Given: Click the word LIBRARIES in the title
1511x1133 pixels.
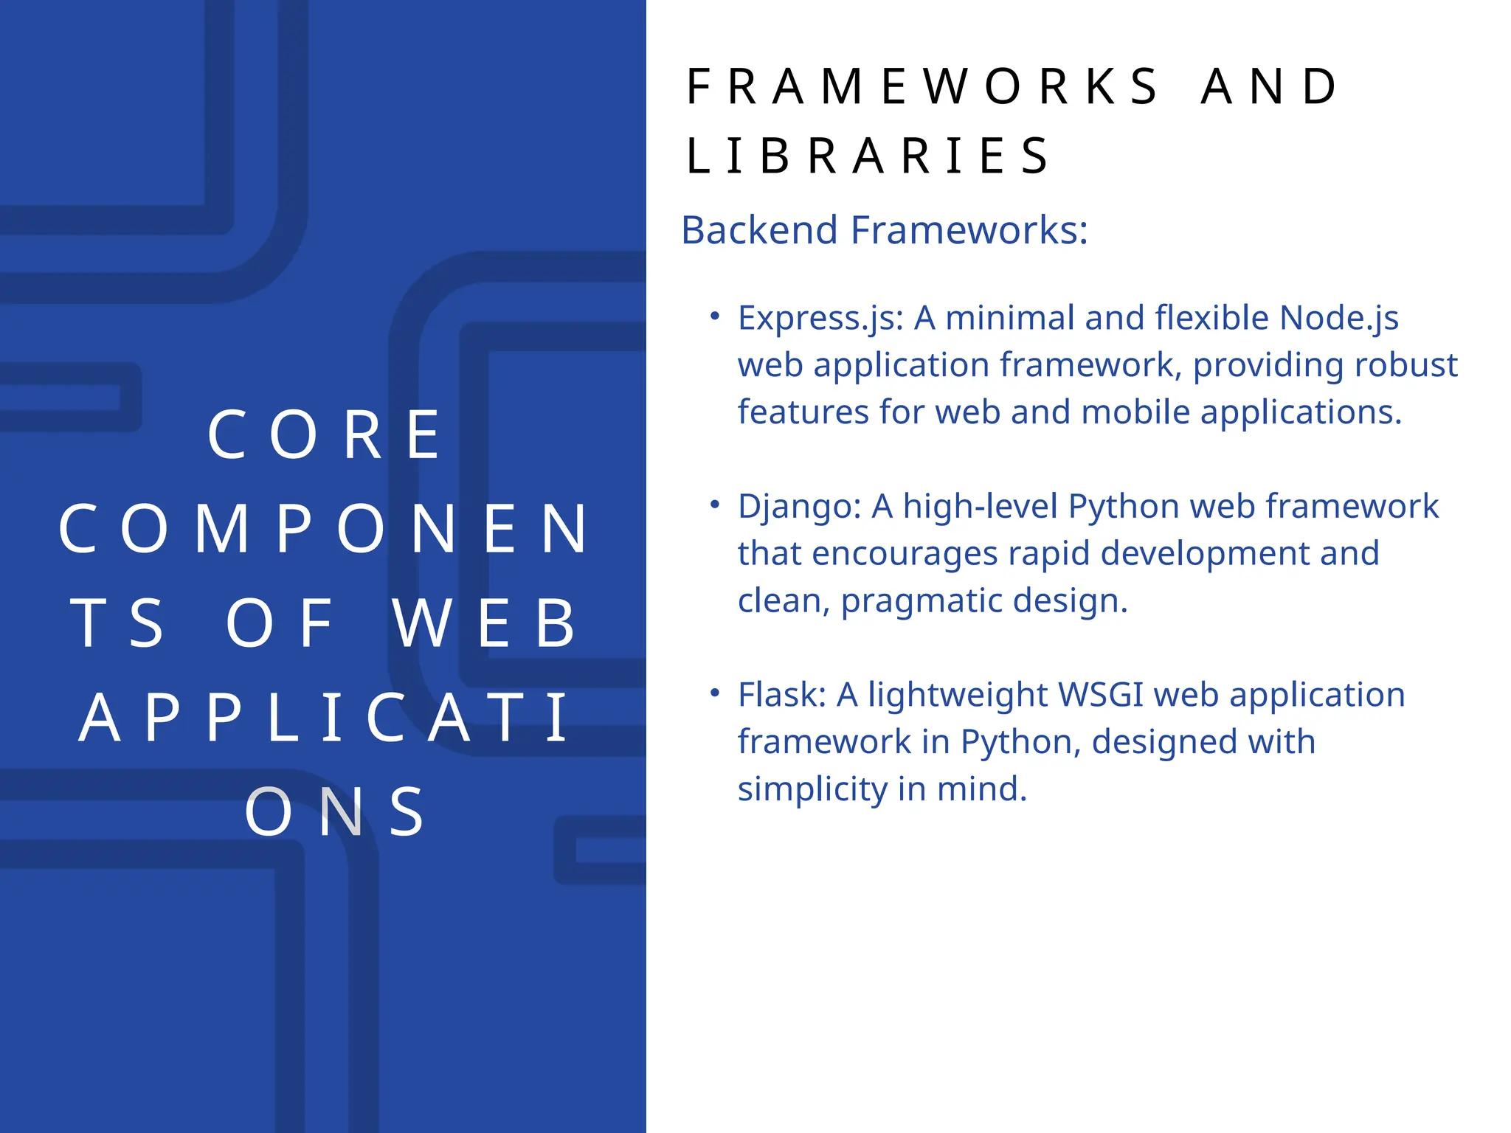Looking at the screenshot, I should [868, 156].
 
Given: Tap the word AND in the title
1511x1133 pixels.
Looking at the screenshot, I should [1269, 87].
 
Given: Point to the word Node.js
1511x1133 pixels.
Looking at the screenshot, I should [1338, 319].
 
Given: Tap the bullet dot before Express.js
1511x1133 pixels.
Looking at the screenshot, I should [714, 316].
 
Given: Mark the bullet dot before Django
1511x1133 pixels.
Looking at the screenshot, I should [714, 505].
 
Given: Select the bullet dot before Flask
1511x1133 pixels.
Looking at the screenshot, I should [714, 693].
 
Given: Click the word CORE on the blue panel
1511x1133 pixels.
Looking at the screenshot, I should [325, 435].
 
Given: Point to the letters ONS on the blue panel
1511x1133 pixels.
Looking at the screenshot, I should [336, 812].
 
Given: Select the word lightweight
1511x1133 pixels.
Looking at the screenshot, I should [957, 695].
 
